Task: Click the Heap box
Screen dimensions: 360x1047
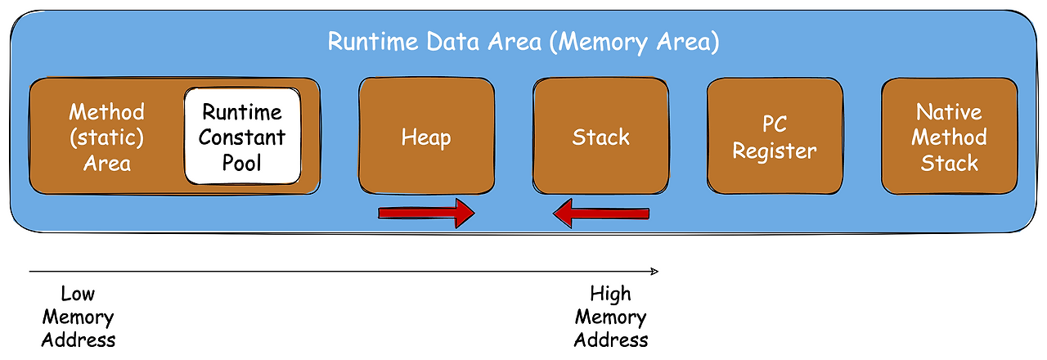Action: tap(426, 137)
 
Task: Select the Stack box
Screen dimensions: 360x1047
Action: tap(601, 137)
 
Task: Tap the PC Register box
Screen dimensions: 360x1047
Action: tap(775, 137)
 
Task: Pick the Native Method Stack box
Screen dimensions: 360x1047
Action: tap(949, 137)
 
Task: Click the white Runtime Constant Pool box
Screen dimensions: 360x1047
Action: tap(242, 137)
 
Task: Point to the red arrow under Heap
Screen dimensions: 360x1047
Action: tap(426, 214)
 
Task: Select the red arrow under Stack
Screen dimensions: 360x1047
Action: tap(601, 214)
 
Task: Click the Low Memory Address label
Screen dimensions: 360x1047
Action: tap(79, 317)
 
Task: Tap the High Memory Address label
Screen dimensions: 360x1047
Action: tap(611, 317)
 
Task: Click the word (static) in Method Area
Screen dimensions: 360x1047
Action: tap(107, 137)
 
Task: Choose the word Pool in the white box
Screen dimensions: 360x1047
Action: tap(242, 163)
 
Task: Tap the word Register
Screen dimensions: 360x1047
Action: tap(775, 151)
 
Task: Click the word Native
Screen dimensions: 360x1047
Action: tap(949, 112)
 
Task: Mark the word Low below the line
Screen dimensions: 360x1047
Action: tap(79, 294)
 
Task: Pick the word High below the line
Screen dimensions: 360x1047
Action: tap(611, 294)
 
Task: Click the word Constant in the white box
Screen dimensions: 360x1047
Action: tap(242, 137)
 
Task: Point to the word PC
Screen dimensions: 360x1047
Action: tap(774, 126)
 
